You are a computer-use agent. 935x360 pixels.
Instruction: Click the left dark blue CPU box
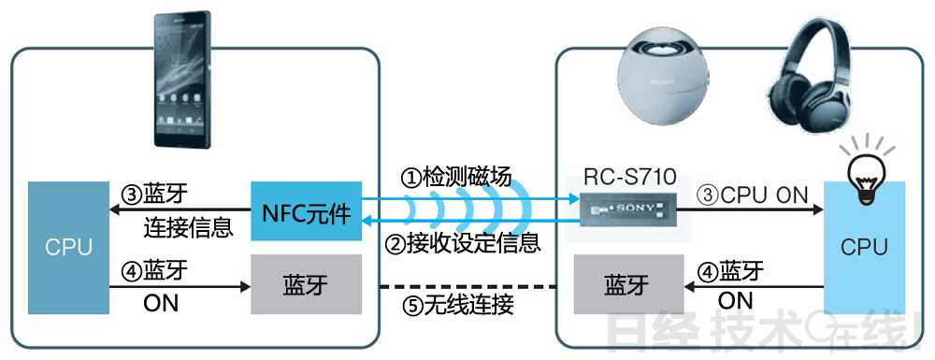coord(69,247)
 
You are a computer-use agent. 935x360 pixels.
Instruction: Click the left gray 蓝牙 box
coord(306,284)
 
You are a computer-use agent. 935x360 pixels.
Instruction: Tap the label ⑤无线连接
coord(456,305)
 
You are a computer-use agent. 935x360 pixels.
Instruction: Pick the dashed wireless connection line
coord(467,285)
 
